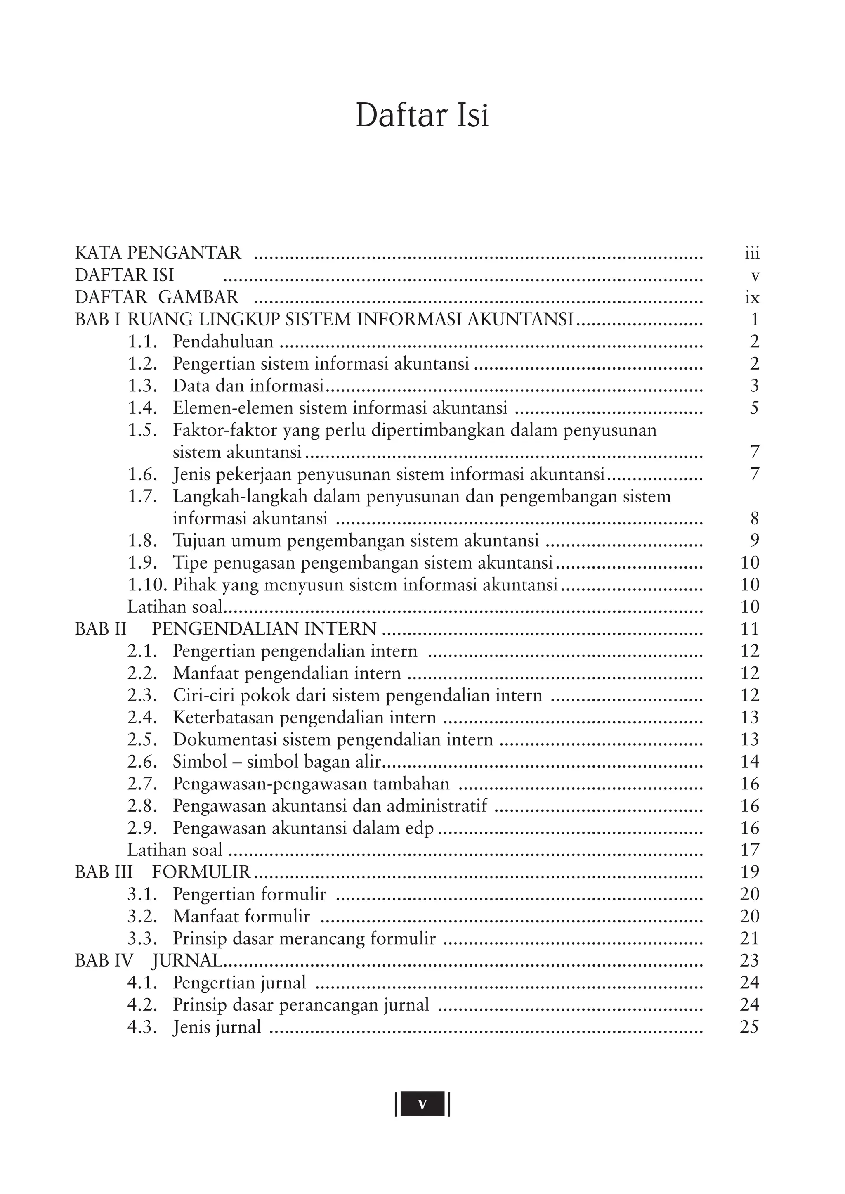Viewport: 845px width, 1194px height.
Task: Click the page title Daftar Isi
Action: click(422, 116)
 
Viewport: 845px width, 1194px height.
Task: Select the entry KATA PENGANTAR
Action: click(158, 253)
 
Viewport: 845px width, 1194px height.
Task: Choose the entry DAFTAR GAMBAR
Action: click(157, 297)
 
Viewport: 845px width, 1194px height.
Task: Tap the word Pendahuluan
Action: click(223, 341)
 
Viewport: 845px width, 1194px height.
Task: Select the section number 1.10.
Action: click(147, 585)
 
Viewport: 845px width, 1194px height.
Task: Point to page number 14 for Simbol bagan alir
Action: click(750, 762)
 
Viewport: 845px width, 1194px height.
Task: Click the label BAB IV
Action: click(104, 961)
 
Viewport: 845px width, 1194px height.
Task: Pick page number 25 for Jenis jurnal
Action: click(749, 1027)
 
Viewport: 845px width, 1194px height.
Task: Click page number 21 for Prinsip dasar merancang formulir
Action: click(749, 938)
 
